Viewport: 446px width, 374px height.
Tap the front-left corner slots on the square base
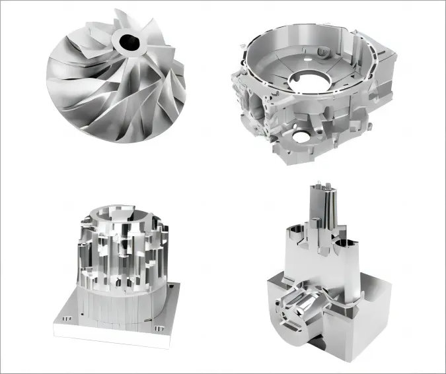tap(63, 320)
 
